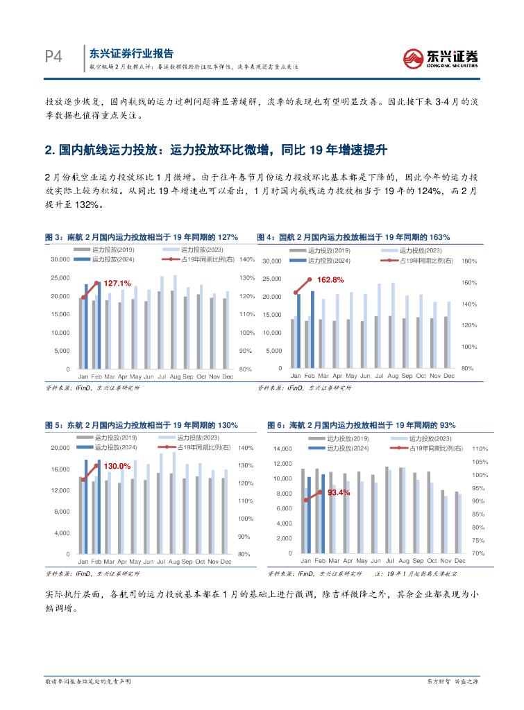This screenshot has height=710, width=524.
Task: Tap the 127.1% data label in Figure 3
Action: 117,284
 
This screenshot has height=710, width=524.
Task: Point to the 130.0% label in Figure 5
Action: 117,466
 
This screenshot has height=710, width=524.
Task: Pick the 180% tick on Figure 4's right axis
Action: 468,261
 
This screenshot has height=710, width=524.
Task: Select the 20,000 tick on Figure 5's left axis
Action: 60,448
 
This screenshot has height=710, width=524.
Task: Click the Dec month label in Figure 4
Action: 449,376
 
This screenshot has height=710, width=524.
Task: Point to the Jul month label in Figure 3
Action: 162,376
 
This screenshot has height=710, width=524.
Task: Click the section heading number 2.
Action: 49,150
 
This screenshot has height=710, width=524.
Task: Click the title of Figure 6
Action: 362,425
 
